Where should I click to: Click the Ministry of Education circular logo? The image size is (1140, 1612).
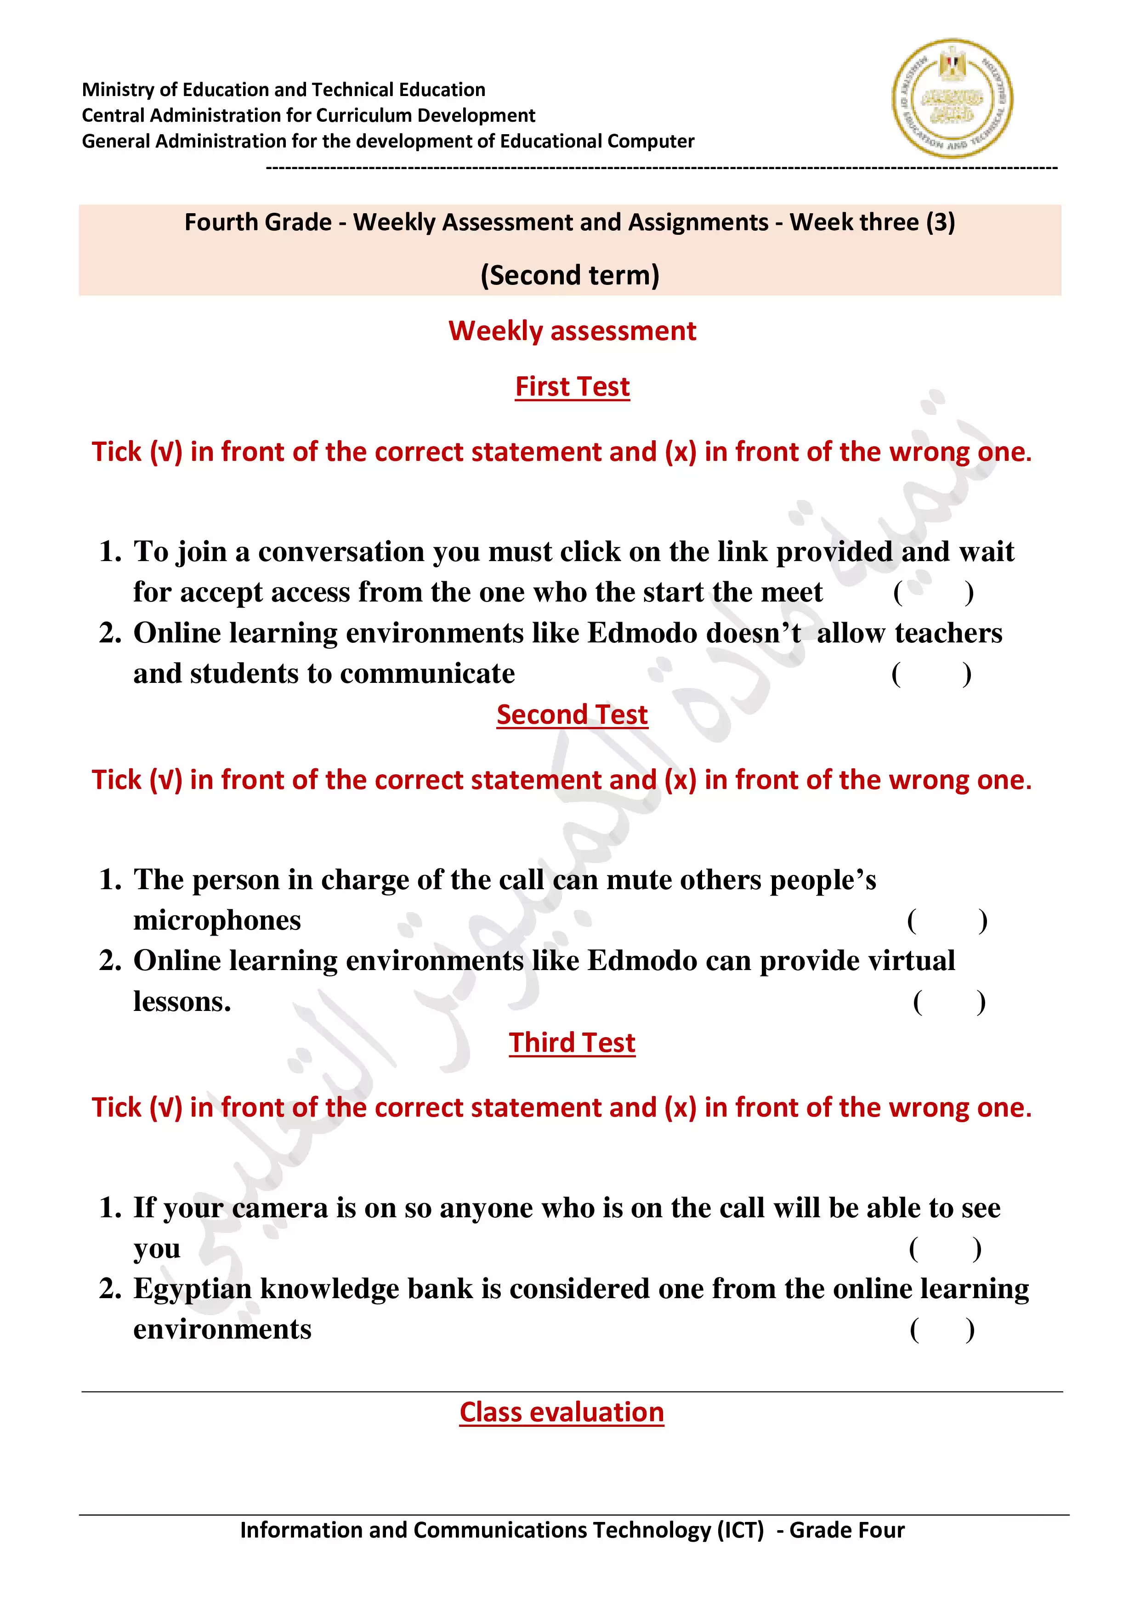click(x=952, y=98)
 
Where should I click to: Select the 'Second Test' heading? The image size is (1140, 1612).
click(x=572, y=715)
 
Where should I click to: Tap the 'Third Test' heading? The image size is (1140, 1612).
click(x=572, y=1043)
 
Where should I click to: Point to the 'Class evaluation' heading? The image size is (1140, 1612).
click(x=561, y=1412)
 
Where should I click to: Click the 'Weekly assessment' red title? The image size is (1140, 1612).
click(x=572, y=331)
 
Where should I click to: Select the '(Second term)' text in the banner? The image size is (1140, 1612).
click(x=570, y=275)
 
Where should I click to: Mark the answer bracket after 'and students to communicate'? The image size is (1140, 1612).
click(x=931, y=674)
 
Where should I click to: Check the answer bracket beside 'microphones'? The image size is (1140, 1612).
click(x=947, y=920)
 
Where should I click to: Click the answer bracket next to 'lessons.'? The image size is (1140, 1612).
click(x=949, y=1002)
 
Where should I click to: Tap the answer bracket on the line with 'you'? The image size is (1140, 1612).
click(x=945, y=1249)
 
